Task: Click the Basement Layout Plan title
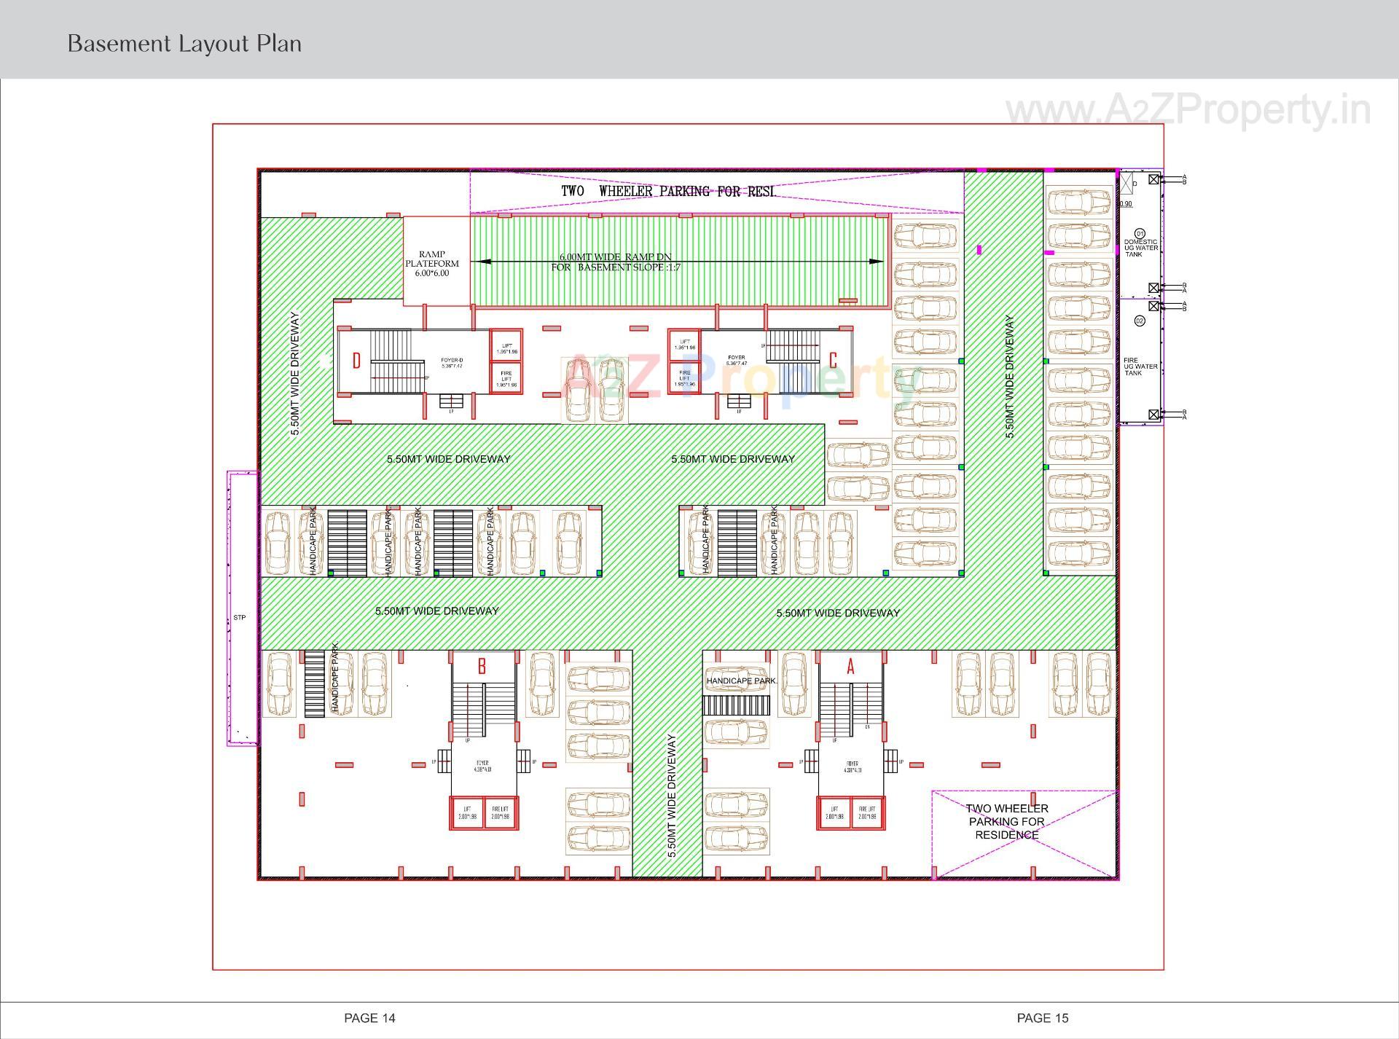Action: (x=184, y=44)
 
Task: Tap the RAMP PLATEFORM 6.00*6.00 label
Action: (x=432, y=264)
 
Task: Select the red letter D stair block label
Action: (x=356, y=361)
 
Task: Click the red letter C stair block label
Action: (x=833, y=360)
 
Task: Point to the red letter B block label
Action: (x=482, y=666)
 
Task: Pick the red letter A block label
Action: (x=850, y=666)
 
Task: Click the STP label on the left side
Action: (x=240, y=617)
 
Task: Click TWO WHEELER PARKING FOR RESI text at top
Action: (x=667, y=192)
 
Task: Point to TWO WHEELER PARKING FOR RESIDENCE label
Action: (x=1007, y=821)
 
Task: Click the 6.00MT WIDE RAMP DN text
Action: (x=615, y=257)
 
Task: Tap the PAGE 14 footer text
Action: (x=369, y=1018)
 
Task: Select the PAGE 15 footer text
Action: (x=1042, y=1018)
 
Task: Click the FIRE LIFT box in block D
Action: (x=506, y=379)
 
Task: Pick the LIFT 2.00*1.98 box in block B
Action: (x=467, y=812)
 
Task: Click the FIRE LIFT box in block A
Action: (x=867, y=812)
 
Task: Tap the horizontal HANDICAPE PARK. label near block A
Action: (x=741, y=681)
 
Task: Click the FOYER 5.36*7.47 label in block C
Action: (x=736, y=360)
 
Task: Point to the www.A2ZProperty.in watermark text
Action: (x=1188, y=111)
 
